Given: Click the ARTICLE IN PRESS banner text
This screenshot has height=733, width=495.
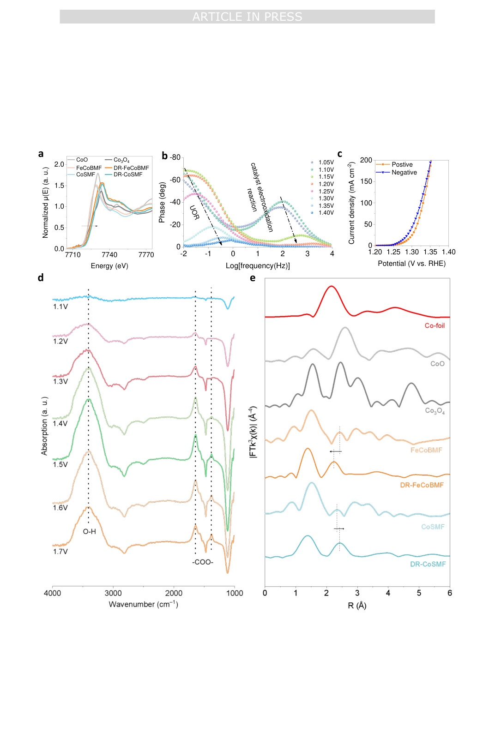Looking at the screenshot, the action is [x=247, y=17].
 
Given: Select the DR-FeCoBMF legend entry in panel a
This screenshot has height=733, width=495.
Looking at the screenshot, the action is [x=127, y=168].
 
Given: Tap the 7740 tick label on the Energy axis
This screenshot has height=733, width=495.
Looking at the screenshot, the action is [x=109, y=255].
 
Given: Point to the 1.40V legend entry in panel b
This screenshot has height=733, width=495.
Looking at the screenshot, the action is [x=322, y=213].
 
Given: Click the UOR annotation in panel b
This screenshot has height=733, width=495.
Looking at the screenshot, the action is [x=194, y=213].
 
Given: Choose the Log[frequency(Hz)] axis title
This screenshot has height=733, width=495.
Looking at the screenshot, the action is [x=258, y=266].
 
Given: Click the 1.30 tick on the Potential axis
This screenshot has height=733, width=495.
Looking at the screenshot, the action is [x=412, y=252].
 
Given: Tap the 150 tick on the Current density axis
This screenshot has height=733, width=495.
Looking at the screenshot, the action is [x=366, y=181].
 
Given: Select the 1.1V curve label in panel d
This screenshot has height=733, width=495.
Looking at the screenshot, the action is [x=60, y=306].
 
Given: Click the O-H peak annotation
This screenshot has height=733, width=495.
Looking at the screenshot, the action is [x=90, y=532].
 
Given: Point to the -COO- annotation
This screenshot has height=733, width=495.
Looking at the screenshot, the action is [x=203, y=562].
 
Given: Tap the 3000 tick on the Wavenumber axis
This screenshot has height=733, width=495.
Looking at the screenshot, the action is [x=113, y=593].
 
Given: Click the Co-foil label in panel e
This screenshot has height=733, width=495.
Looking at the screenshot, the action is [x=435, y=325].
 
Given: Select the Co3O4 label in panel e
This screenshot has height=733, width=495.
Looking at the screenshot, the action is [x=435, y=411].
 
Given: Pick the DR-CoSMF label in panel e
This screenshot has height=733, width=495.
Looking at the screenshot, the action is [x=428, y=564].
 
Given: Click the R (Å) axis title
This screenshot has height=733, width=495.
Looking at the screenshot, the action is [x=357, y=606].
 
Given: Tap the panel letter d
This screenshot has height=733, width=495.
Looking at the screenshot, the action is [x=41, y=278].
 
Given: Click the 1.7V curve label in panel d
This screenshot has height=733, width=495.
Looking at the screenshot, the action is [x=60, y=552].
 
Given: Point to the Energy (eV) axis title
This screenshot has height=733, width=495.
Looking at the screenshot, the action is [x=109, y=266].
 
